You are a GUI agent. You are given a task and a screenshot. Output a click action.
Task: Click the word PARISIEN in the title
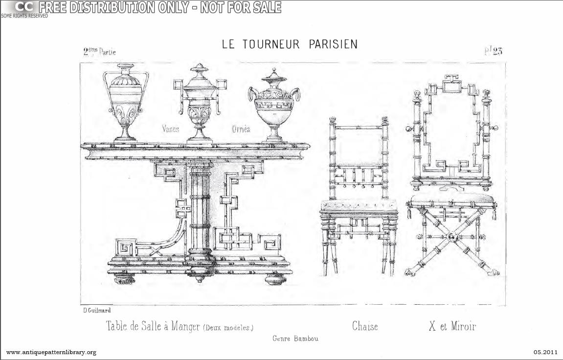333,44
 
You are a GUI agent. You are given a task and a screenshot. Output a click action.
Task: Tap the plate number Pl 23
493,51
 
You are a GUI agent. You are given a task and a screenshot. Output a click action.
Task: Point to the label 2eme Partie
99,51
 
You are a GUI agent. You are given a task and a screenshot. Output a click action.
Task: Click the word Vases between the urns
171,129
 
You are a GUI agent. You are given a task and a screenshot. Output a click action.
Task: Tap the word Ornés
241,129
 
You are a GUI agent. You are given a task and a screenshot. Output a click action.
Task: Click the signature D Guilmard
97,310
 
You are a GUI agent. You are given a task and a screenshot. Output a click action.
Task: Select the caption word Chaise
365,326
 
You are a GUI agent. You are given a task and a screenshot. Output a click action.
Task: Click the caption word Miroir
463,326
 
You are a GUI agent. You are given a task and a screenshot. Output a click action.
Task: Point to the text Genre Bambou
295,338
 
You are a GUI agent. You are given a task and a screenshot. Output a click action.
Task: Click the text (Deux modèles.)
228,327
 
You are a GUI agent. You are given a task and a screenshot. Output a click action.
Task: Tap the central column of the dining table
200,210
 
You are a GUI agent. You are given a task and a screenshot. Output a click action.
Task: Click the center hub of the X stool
450,238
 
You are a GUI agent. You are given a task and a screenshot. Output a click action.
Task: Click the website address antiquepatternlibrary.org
51,352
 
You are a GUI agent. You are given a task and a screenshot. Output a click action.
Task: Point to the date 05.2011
545,352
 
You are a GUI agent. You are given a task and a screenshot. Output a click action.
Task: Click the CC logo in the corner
23,7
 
